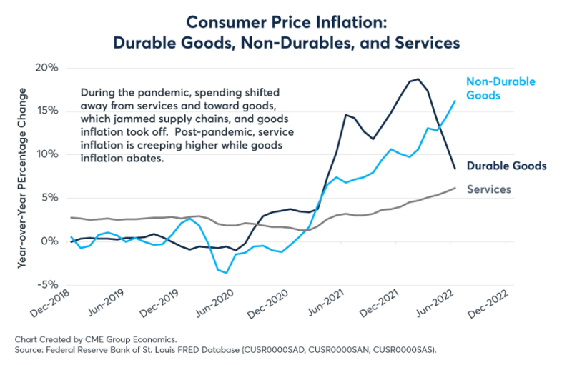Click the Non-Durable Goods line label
coord(500,88)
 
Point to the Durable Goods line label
coord(506,166)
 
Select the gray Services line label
coord(488,189)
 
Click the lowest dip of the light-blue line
coord(227,273)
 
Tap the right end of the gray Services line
coord(455,188)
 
